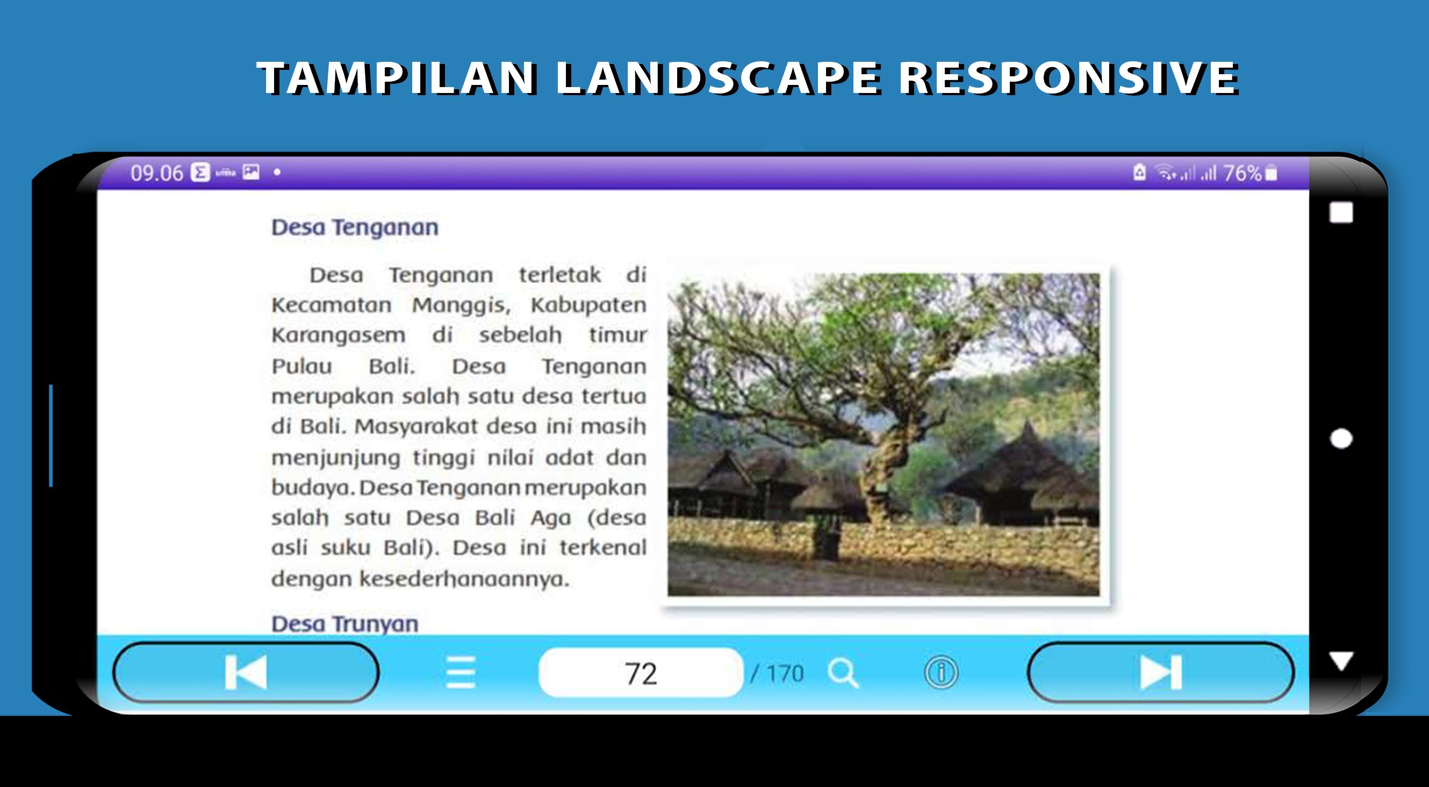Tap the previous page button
click(x=246, y=672)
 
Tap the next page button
click(x=1160, y=672)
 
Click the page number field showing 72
click(x=641, y=672)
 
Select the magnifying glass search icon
click(x=843, y=672)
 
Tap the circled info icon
click(x=941, y=672)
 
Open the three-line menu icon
click(x=461, y=672)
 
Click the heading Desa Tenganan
click(x=355, y=227)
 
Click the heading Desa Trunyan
click(x=344, y=624)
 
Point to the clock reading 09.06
click(x=156, y=173)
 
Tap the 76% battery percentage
click(x=1243, y=173)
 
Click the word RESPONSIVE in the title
click(x=1068, y=78)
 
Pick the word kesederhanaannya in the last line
click(x=464, y=579)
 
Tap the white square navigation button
click(x=1341, y=212)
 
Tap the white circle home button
click(x=1341, y=439)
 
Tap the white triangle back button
click(x=1341, y=661)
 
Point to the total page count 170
click(x=785, y=674)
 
